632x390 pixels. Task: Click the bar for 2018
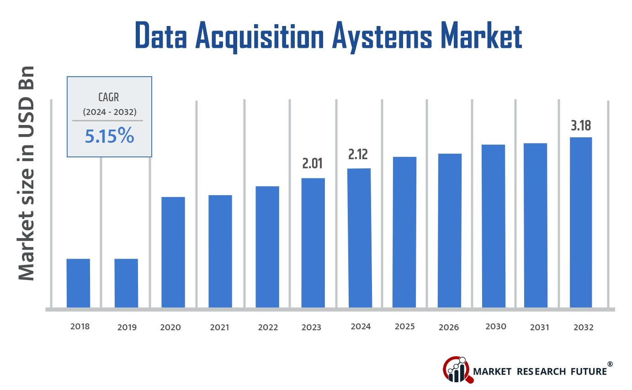pos(78,283)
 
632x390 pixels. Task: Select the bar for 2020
pos(173,252)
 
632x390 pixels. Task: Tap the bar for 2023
pos(313,242)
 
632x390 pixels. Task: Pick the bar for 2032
pos(580,222)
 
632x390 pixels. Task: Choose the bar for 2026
pos(450,230)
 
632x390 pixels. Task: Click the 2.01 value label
pos(313,164)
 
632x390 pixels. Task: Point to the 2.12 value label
pos(358,155)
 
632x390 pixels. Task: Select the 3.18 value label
pos(581,125)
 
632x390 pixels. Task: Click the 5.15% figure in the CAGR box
pos(109,136)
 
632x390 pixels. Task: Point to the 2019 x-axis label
pos(127,328)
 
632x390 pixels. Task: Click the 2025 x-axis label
pos(405,327)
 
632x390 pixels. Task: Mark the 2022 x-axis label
pos(268,328)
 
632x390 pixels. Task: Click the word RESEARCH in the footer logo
pos(541,371)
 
